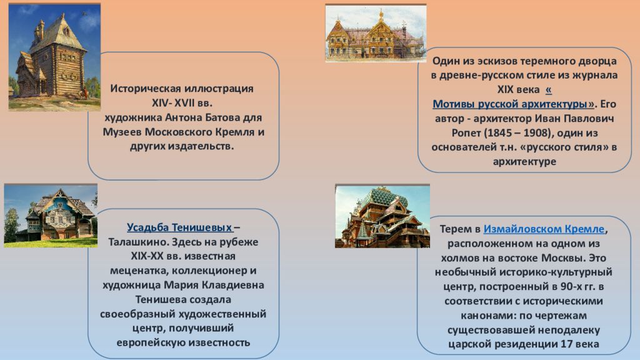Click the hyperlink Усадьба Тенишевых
click(x=179, y=227)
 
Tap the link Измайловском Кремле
click(x=544, y=229)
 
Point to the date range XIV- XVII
click(x=173, y=103)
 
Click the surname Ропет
click(x=466, y=133)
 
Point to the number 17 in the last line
click(x=566, y=344)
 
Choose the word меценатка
click(x=139, y=271)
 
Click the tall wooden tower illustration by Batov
click(x=54, y=57)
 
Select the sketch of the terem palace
click(x=376, y=33)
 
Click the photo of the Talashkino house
click(x=51, y=216)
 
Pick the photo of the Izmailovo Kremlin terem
click(x=382, y=216)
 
